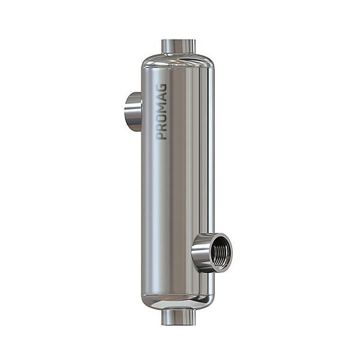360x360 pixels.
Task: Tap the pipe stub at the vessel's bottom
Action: [178, 317]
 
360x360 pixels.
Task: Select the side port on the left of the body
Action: [133, 112]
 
